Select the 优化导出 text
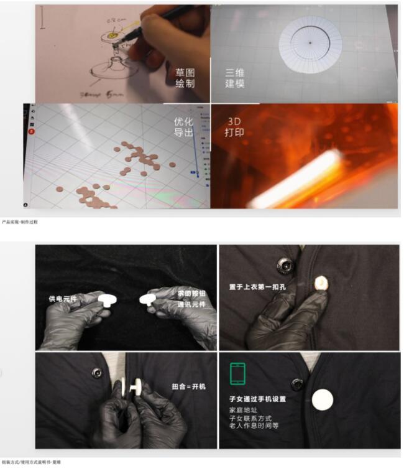(184, 127)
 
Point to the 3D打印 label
(234, 127)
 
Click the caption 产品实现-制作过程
(20, 222)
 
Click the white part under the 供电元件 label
(109, 301)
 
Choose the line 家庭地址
(240, 411)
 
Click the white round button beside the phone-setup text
(322, 399)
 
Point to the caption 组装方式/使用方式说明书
(31, 462)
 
